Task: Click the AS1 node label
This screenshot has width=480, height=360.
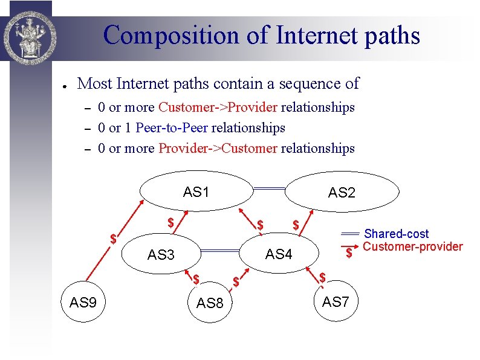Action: click(x=196, y=193)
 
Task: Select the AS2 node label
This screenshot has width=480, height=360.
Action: click(x=342, y=193)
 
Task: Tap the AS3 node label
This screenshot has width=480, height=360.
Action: click(x=160, y=255)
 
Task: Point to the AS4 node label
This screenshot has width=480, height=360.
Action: click(x=279, y=254)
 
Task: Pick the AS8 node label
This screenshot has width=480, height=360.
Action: click(x=210, y=303)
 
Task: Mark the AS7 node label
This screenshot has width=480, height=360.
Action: click(x=336, y=301)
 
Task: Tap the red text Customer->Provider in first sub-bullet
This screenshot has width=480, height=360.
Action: click(x=218, y=108)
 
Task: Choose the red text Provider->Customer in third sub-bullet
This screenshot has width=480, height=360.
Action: click(x=218, y=148)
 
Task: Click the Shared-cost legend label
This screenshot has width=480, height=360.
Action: click(x=396, y=234)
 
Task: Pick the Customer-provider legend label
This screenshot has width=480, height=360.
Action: click(x=412, y=246)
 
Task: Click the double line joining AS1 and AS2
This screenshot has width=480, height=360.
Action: click(x=269, y=189)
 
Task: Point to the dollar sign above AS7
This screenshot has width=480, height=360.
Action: click(x=323, y=277)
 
